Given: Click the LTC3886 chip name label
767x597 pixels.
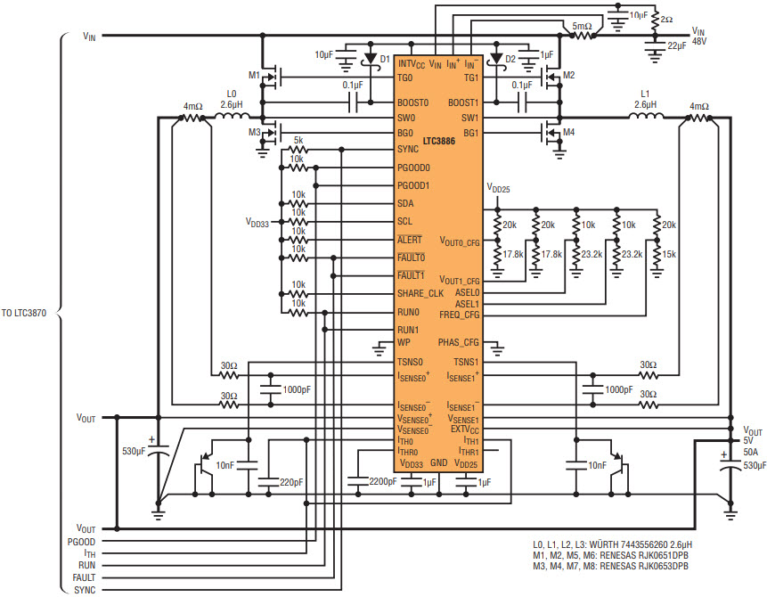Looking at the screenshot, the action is (x=439, y=142).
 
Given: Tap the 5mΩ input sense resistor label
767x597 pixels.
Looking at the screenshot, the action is (x=582, y=26).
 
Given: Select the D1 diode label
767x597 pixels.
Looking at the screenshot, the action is (x=385, y=59).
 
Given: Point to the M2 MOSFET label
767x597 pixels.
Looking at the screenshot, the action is (x=569, y=75).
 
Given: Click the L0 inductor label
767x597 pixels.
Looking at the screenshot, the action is (x=232, y=94).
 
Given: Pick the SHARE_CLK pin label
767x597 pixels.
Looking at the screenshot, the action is (x=420, y=294).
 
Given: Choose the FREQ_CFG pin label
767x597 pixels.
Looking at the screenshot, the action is (x=460, y=315).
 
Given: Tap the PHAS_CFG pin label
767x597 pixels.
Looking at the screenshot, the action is (x=459, y=342).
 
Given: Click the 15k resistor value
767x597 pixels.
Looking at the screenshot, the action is (x=669, y=255).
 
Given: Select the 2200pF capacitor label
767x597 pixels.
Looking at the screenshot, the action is (x=383, y=481).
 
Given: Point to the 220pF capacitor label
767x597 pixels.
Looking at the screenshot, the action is (x=291, y=482).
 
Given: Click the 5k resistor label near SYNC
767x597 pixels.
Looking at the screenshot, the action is (x=298, y=141).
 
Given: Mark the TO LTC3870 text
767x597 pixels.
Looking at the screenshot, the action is (x=24, y=313).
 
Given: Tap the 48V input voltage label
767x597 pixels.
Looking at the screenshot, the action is (x=699, y=42).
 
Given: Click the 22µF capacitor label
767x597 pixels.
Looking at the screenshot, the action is (x=676, y=45).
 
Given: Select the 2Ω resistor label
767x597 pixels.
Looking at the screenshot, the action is (x=666, y=20).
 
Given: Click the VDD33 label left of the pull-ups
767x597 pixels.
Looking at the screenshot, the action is (x=257, y=223).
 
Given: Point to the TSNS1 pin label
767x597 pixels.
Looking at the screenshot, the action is (x=466, y=362).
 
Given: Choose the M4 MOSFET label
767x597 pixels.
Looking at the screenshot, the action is (x=569, y=132).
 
